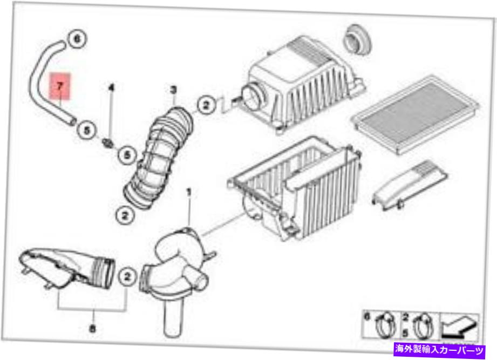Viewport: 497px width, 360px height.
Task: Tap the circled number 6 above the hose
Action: point(76,39)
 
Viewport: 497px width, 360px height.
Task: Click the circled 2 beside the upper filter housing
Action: point(206,105)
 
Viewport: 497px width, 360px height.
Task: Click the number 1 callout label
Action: point(189,192)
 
